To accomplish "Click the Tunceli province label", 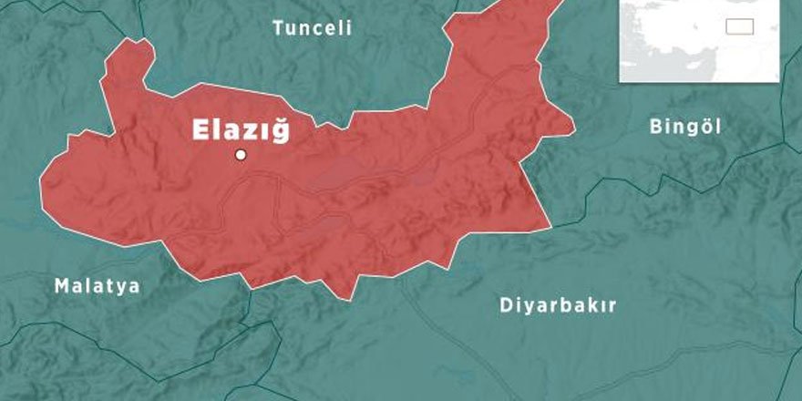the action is coord(313,28).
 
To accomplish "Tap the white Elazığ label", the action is coord(242,130).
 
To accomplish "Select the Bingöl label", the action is coord(685,127).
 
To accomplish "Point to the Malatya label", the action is coord(97,286).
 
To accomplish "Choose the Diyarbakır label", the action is coord(558,305).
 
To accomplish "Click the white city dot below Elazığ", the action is coord(241,155).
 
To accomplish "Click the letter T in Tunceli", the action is coord(279,28).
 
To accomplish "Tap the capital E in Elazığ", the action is coord(200,130).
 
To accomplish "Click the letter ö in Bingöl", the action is coord(703,127).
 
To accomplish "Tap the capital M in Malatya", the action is coord(61,286).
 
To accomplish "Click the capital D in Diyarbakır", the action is coord(506,305).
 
